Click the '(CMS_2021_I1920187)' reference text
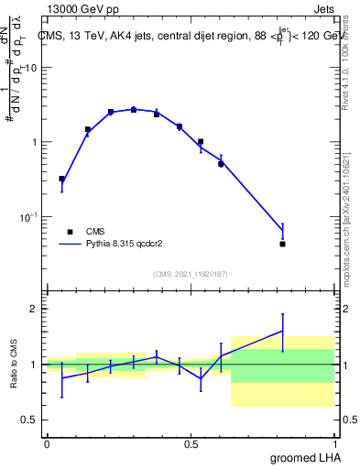[190, 274]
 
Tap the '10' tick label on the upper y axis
[32, 68]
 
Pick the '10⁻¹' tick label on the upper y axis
[29, 216]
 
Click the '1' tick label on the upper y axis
[35, 142]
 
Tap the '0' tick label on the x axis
[46, 443]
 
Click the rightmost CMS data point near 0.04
[283, 244]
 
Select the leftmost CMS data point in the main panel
[61, 179]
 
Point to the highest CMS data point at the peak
[134, 109]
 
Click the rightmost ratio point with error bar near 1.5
[283, 332]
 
